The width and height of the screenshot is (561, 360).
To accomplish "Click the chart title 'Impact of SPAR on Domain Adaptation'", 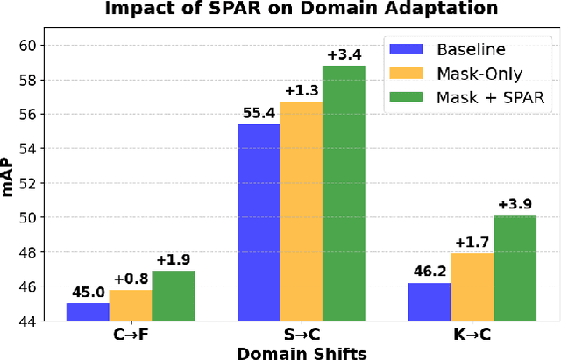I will point(301,10).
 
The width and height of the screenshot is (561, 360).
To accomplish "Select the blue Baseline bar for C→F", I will point(88,312).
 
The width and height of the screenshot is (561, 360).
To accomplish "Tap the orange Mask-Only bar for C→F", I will point(131,306).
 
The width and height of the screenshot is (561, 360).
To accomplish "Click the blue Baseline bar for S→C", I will point(259,222).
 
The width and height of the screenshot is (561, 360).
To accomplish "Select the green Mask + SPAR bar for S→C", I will point(344,194).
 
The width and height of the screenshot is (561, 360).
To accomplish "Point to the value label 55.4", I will point(259,114).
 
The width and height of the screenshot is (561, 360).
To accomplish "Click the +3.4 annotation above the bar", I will point(344,55).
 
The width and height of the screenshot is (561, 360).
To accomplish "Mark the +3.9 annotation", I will point(515,205).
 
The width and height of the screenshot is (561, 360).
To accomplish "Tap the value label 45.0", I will point(88,293).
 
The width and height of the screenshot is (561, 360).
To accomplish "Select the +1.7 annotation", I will point(472,243).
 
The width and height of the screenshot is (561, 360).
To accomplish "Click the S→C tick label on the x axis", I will point(301,335).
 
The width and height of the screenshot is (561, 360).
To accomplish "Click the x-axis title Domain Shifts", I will point(301,352).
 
